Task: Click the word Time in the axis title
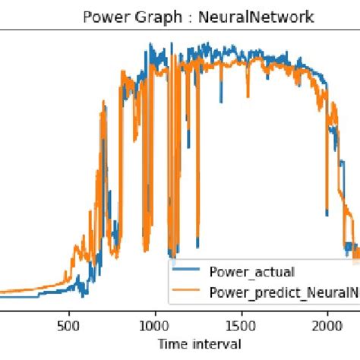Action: tap(171, 343)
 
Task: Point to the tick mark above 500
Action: tap(69, 308)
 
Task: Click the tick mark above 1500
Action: tap(242, 308)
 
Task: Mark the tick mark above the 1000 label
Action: tap(155, 308)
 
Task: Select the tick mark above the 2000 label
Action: tap(327, 308)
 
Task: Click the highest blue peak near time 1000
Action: tap(152, 46)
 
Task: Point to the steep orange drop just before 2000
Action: tap(324, 182)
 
